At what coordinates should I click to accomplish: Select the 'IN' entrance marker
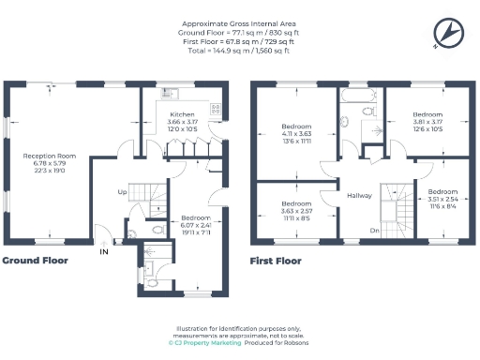(x=103, y=250)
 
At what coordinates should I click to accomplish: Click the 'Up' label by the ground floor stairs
(x=122, y=192)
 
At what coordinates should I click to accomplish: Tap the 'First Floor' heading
(x=276, y=260)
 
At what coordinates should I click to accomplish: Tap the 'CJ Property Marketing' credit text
(x=203, y=343)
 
